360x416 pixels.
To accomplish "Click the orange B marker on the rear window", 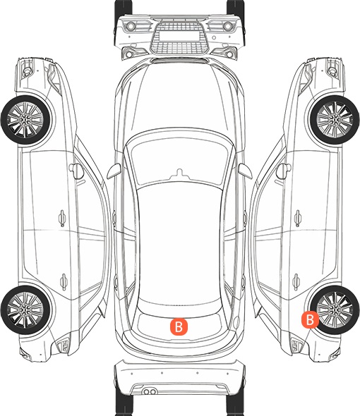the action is [x=179, y=326].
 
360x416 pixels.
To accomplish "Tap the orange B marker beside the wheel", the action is [x=310, y=319].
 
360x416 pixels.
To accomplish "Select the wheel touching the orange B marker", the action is [x=335, y=310].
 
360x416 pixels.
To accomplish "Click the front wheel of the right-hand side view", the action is [x=335, y=120].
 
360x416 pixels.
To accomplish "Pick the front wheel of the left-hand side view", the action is [x=25, y=120].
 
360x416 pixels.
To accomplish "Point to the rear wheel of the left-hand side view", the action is [x=25, y=310].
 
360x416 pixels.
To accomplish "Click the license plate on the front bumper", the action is [x=179, y=35].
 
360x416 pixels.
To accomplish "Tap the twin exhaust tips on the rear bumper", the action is [x=150, y=391].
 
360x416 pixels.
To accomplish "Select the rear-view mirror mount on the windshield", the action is [x=179, y=173].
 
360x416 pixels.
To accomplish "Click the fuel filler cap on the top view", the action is [x=236, y=322].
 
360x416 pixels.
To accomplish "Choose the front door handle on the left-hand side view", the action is [x=62, y=219].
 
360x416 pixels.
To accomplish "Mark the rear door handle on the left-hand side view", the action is [x=64, y=281].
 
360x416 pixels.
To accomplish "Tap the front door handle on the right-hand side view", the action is [x=298, y=219].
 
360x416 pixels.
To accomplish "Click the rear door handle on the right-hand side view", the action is [x=296, y=281].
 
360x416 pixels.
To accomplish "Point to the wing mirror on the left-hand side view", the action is [x=76, y=171].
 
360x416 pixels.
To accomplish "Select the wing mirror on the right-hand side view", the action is [x=284, y=171].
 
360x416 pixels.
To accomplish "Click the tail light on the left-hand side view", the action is [x=64, y=345].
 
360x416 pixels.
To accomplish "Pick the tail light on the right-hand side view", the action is [x=296, y=345].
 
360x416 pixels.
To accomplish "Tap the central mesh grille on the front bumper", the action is [x=179, y=38].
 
